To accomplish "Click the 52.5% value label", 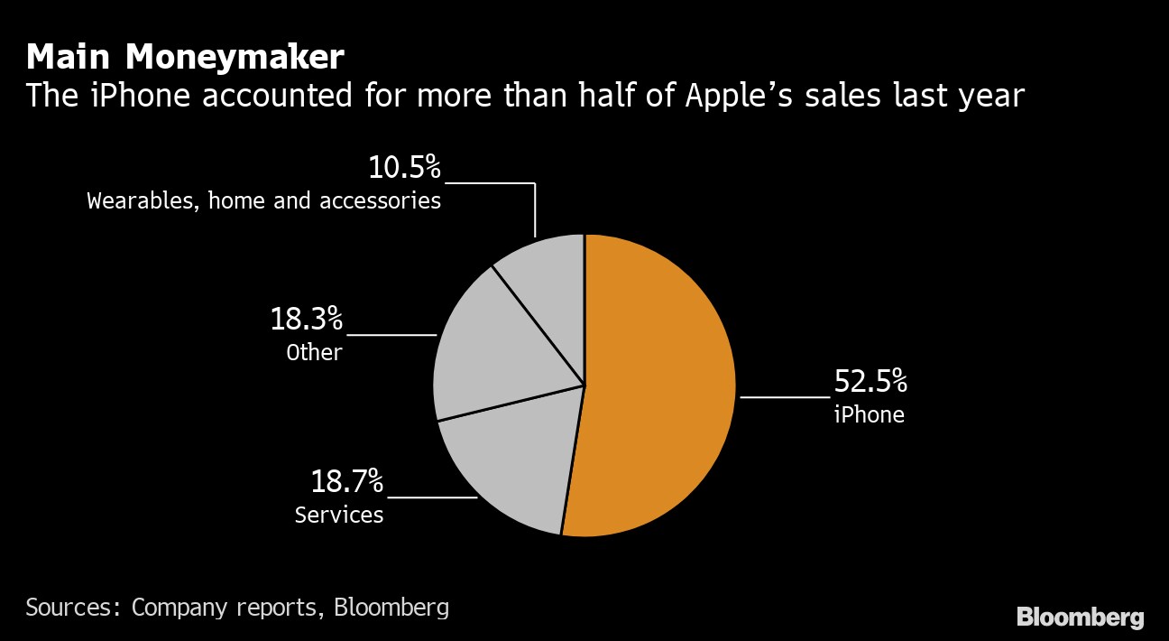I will pyautogui.click(x=870, y=382).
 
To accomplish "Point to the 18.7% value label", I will pyautogui.click(x=347, y=482).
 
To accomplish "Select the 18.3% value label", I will pyautogui.click(x=307, y=320).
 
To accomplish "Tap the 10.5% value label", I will pyautogui.click(x=404, y=168).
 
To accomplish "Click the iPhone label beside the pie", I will pyautogui.click(x=869, y=414).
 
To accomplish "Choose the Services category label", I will pyautogui.click(x=339, y=515).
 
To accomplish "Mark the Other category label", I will pyautogui.click(x=314, y=352).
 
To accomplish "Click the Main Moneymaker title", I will pyautogui.click(x=185, y=58).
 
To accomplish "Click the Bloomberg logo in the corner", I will pyautogui.click(x=1081, y=618).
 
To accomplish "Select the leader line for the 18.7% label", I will pyautogui.click(x=431, y=497).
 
